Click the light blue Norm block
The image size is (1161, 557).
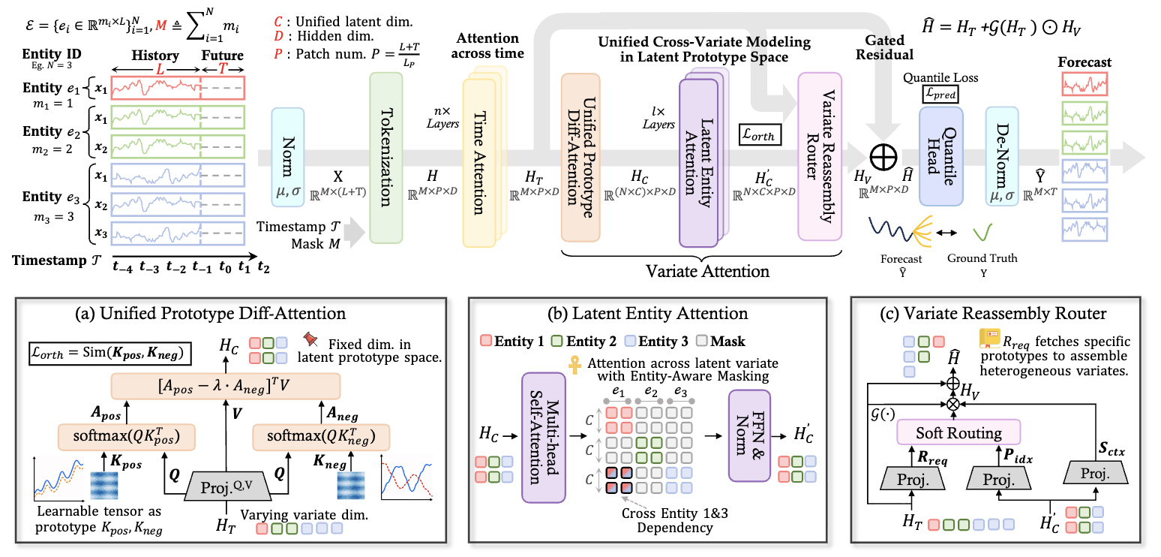[x=288, y=157]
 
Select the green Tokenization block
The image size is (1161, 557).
[x=386, y=158]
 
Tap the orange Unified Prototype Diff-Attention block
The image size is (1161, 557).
[x=580, y=158]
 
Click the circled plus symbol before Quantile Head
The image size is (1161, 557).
[x=883, y=157]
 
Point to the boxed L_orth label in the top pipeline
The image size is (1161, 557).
[x=760, y=135]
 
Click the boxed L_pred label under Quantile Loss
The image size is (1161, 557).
[x=940, y=95]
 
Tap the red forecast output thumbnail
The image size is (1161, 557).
[x=1084, y=84]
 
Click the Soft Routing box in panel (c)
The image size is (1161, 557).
[x=958, y=432]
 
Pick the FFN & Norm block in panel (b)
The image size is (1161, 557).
[x=749, y=435]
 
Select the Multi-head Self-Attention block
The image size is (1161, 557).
[x=544, y=438]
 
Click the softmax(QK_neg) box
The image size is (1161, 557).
[x=321, y=437]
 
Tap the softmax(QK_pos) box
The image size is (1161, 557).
[x=127, y=437]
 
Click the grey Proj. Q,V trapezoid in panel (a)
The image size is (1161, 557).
[x=227, y=486]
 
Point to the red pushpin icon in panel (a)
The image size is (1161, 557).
[x=310, y=339]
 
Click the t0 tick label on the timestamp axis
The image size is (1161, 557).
[x=225, y=267]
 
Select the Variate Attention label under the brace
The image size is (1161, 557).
[x=707, y=271]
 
